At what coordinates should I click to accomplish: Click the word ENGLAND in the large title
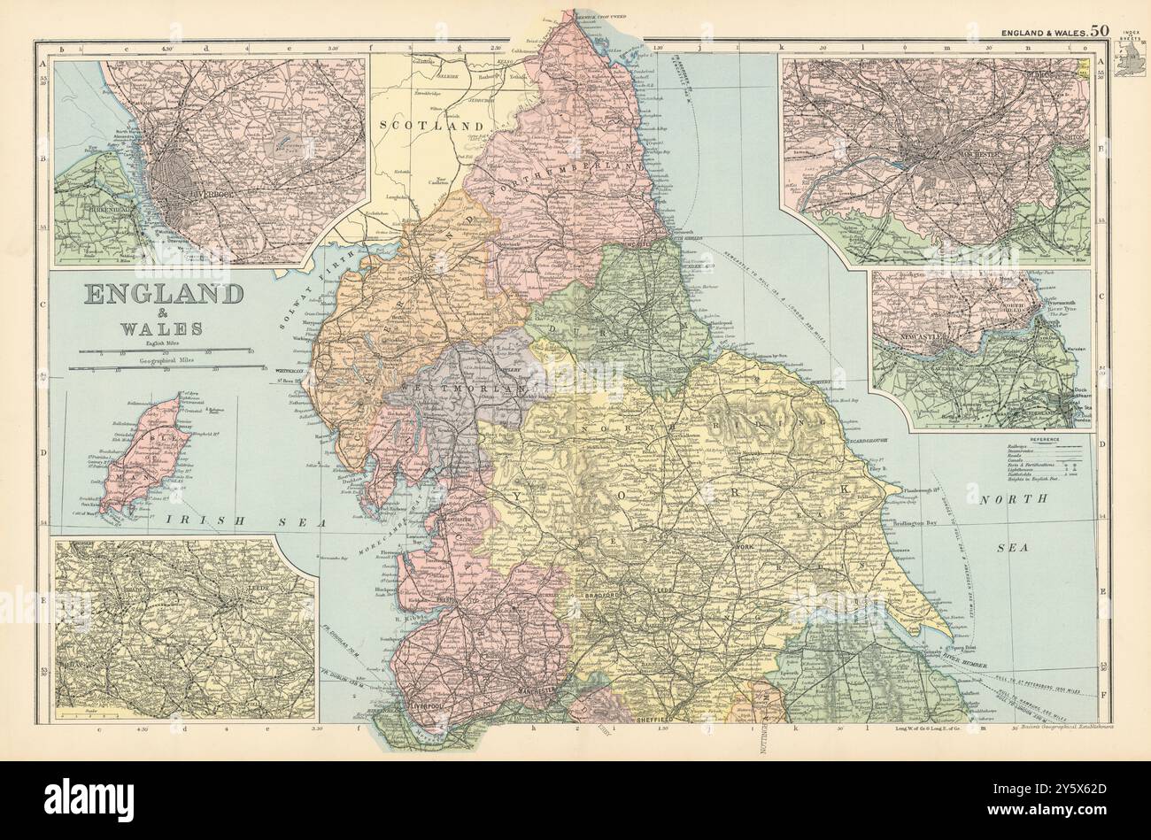[x=165, y=295]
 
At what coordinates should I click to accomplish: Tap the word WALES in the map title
[x=165, y=329]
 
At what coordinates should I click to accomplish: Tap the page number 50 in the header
[x=1099, y=29]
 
